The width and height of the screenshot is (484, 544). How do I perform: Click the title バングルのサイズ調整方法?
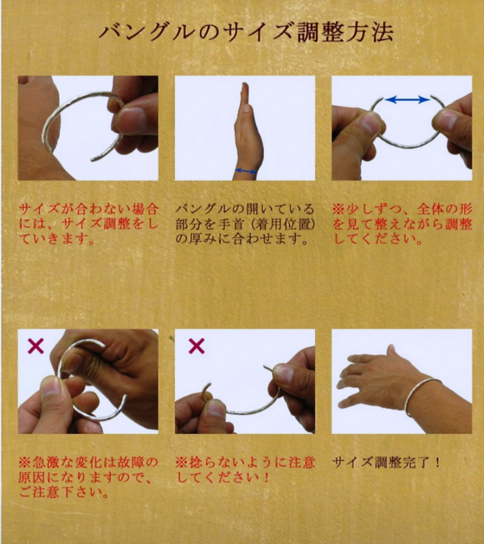[x=246, y=33]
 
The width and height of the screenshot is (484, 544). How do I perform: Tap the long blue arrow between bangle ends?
[x=407, y=99]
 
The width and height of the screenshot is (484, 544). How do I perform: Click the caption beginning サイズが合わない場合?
[x=88, y=224]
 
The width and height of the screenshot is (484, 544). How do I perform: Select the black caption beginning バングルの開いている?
[x=245, y=224]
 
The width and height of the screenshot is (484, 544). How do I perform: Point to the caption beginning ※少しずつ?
[x=402, y=224]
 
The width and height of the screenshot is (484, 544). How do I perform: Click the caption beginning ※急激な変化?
[x=88, y=477]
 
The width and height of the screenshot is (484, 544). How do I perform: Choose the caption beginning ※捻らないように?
[x=245, y=470]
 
